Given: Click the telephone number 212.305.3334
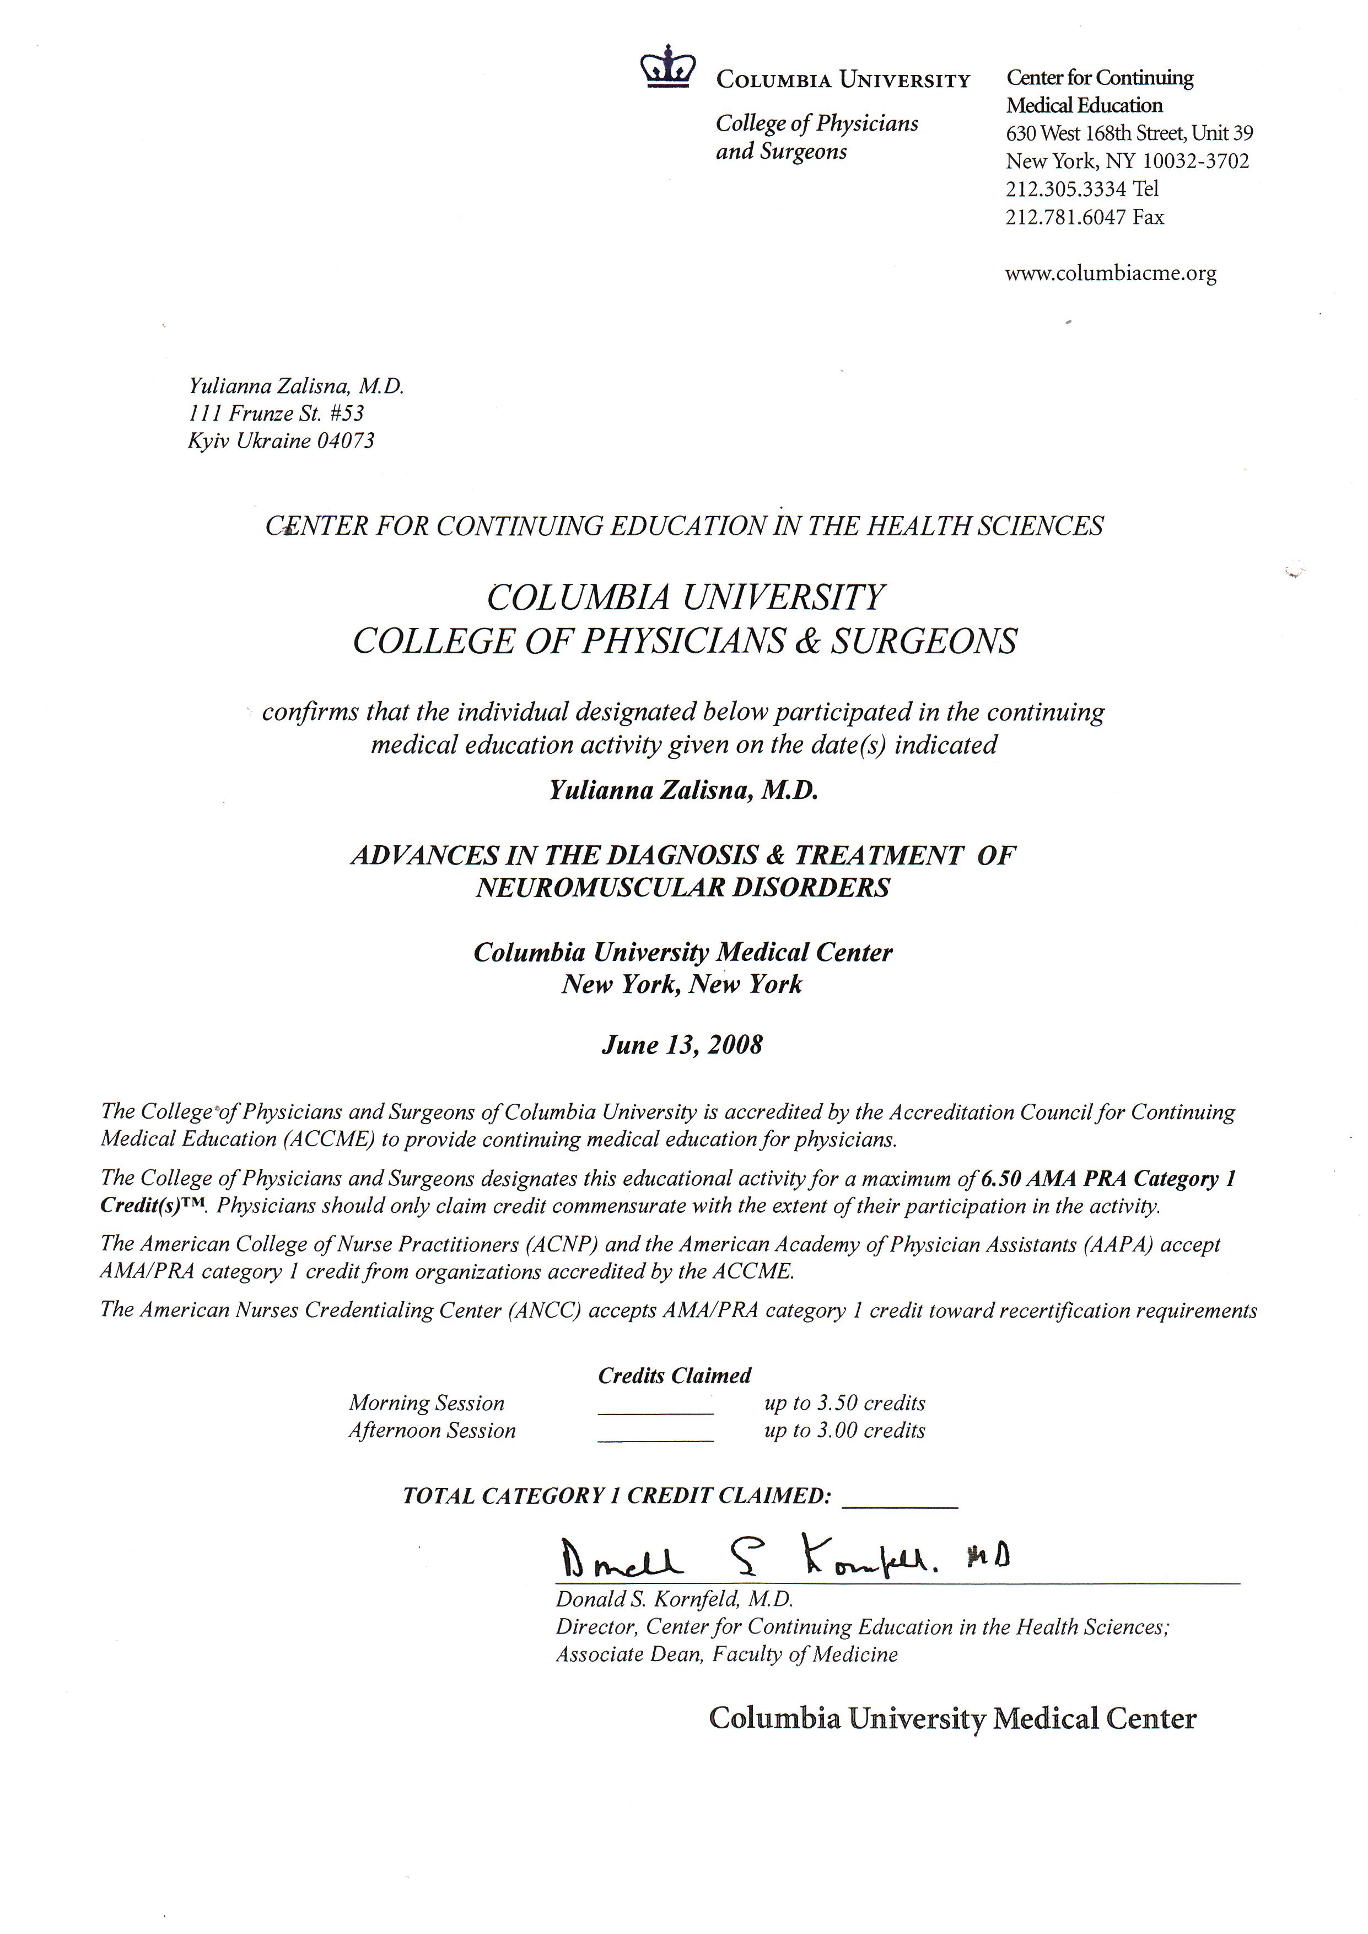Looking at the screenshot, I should tap(1065, 189).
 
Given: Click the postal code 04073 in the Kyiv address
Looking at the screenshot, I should tap(346, 440).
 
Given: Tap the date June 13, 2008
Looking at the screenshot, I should tap(681, 1045).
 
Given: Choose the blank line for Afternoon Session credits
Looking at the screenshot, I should tap(655, 1441).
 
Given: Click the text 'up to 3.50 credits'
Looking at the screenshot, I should tap(844, 1403).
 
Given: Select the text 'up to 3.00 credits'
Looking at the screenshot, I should tap(844, 1430).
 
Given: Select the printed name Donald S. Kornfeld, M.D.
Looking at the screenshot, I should tap(674, 1599).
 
